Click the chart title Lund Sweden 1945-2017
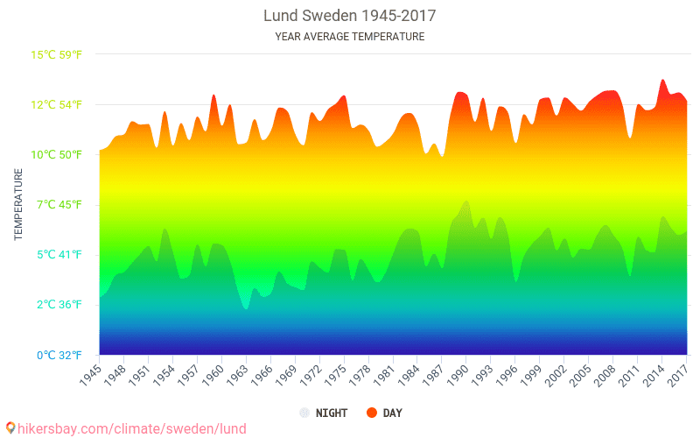pos(349,16)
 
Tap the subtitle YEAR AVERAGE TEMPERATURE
pos(349,37)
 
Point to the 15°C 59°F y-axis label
pos(57,54)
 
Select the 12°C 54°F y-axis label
pos(57,105)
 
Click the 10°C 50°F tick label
pos(57,155)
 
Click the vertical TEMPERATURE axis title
pos(18,205)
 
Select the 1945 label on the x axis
pos(91,375)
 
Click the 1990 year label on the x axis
pos(458,375)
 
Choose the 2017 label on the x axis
pos(678,375)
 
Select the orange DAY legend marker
pos(371,413)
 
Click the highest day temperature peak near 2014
pos(662,80)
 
